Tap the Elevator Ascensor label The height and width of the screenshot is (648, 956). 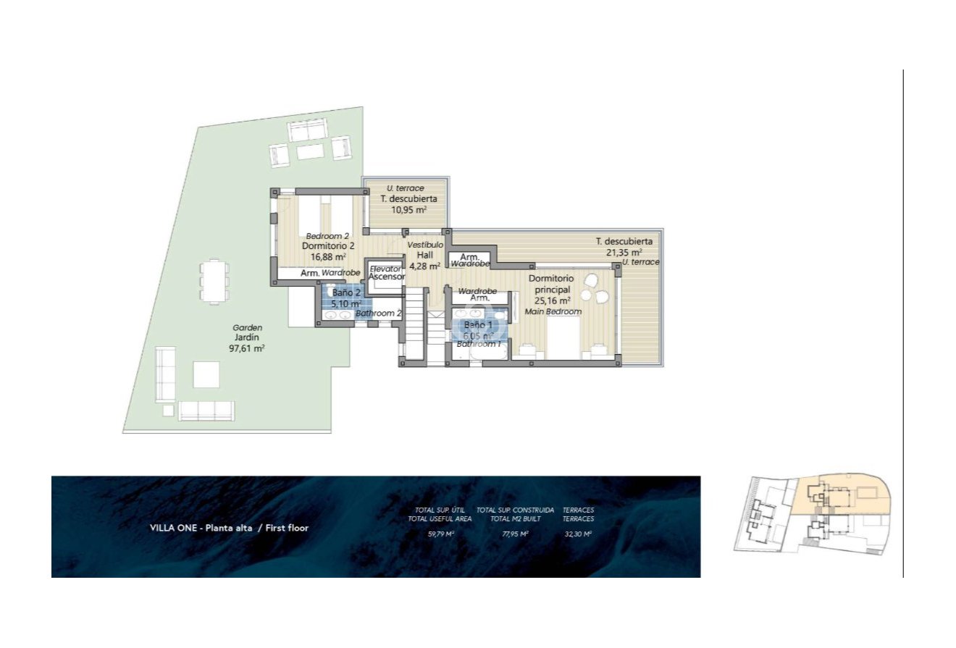[385, 273]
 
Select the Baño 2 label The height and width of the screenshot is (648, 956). [347, 293]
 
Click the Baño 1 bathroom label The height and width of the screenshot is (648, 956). [478, 325]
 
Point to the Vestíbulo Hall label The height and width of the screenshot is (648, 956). [424, 256]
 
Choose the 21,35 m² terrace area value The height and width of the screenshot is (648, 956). [624, 253]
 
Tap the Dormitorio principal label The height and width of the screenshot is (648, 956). [551, 284]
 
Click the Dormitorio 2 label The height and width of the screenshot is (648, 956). [327, 246]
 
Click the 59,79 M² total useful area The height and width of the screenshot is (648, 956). [440, 534]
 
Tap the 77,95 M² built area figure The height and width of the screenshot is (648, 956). [515, 534]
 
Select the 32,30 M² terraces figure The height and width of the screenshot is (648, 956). [577, 534]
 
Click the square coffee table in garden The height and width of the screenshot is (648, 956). [206, 374]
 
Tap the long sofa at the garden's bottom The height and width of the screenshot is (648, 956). [206, 411]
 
